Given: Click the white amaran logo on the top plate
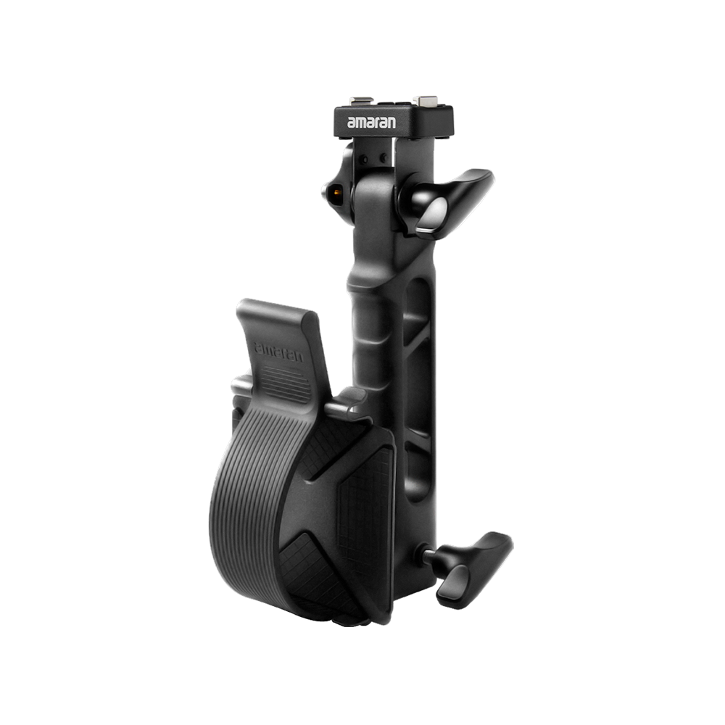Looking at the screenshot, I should (371, 124).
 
